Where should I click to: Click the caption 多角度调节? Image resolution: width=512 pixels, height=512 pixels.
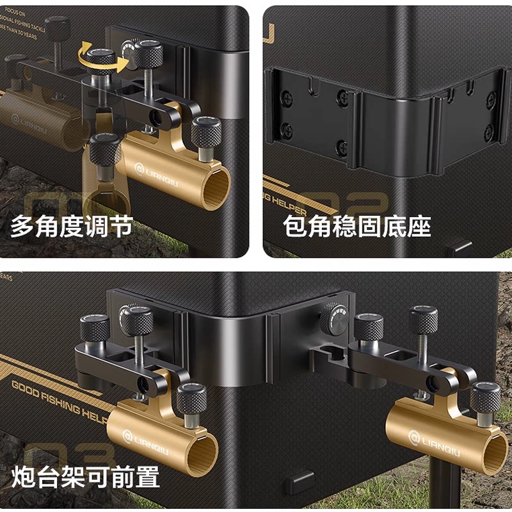pyautogui.click(x=71, y=227)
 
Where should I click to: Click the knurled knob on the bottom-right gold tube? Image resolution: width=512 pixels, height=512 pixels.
pyautogui.click(x=485, y=399)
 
